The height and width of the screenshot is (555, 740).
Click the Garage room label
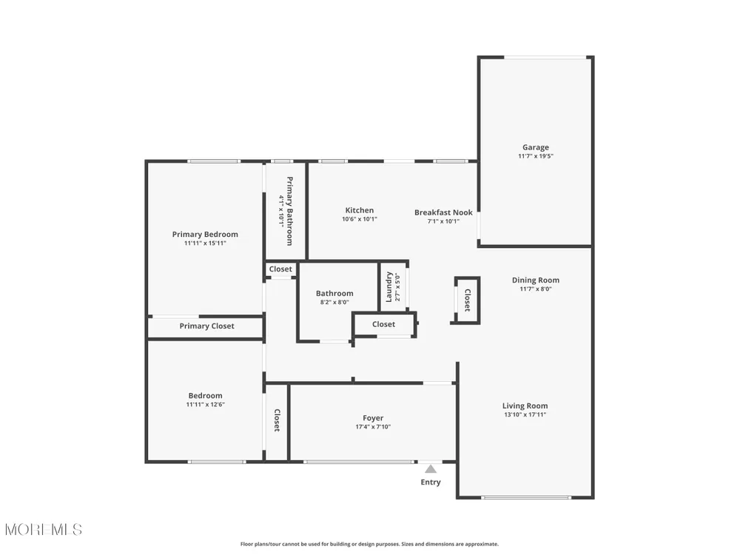536,147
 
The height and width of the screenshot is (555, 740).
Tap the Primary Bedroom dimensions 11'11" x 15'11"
205,243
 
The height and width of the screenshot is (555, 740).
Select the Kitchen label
360,210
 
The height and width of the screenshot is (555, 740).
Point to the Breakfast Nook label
443,212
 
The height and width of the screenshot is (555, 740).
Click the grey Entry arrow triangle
431,469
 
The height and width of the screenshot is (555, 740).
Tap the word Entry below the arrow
431,482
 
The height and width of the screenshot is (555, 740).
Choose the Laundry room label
389,287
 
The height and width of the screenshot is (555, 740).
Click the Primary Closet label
206,326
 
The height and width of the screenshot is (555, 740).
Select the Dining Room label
536,280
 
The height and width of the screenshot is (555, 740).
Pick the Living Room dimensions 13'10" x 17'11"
525,415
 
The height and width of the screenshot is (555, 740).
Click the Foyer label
373,418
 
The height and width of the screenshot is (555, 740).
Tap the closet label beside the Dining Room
467,300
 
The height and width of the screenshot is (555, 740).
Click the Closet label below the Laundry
383,324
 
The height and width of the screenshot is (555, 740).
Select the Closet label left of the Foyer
277,420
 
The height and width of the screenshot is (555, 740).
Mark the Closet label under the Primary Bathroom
280,269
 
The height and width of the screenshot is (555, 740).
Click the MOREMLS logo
44,530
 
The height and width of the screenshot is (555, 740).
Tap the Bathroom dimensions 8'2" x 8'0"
334,302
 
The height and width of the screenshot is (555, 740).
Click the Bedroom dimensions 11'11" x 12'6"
205,405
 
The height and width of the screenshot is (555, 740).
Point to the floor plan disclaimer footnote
369,544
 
